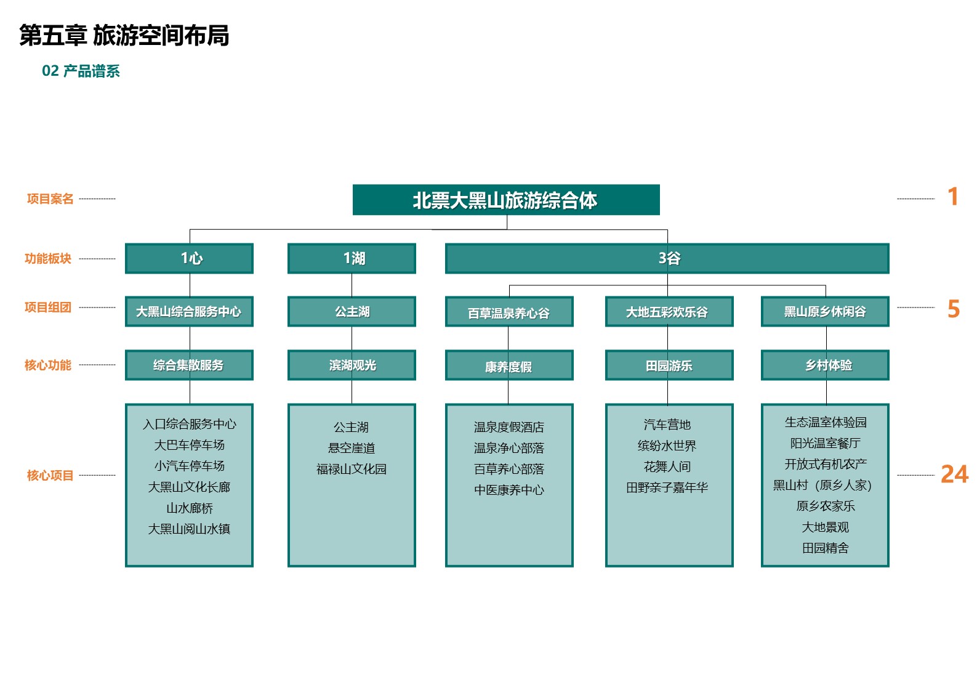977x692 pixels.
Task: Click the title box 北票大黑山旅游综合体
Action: (x=506, y=200)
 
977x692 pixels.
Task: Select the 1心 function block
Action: (x=189, y=258)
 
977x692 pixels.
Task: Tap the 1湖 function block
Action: (x=352, y=258)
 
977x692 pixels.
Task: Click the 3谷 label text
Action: (x=669, y=258)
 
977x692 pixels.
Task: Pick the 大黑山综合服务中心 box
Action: (x=189, y=311)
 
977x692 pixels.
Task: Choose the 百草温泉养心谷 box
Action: (x=509, y=311)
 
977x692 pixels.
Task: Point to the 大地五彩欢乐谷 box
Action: (x=669, y=311)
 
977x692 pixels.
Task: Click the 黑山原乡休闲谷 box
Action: (x=825, y=311)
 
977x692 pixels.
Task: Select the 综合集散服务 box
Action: (x=189, y=365)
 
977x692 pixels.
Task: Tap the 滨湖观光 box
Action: (x=352, y=365)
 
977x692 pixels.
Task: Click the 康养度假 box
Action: (x=509, y=365)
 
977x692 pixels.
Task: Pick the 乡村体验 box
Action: (x=825, y=365)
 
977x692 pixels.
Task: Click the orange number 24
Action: (x=954, y=474)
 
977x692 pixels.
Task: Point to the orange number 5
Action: (x=954, y=309)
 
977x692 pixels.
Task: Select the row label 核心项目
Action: (x=50, y=475)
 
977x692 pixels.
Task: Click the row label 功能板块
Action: (x=48, y=258)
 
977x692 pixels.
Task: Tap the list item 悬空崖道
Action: (x=352, y=448)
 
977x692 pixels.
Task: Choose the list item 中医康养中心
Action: (x=509, y=490)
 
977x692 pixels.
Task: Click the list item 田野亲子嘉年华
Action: (x=667, y=487)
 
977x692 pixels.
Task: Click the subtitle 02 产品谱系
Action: (x=81, y=71)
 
